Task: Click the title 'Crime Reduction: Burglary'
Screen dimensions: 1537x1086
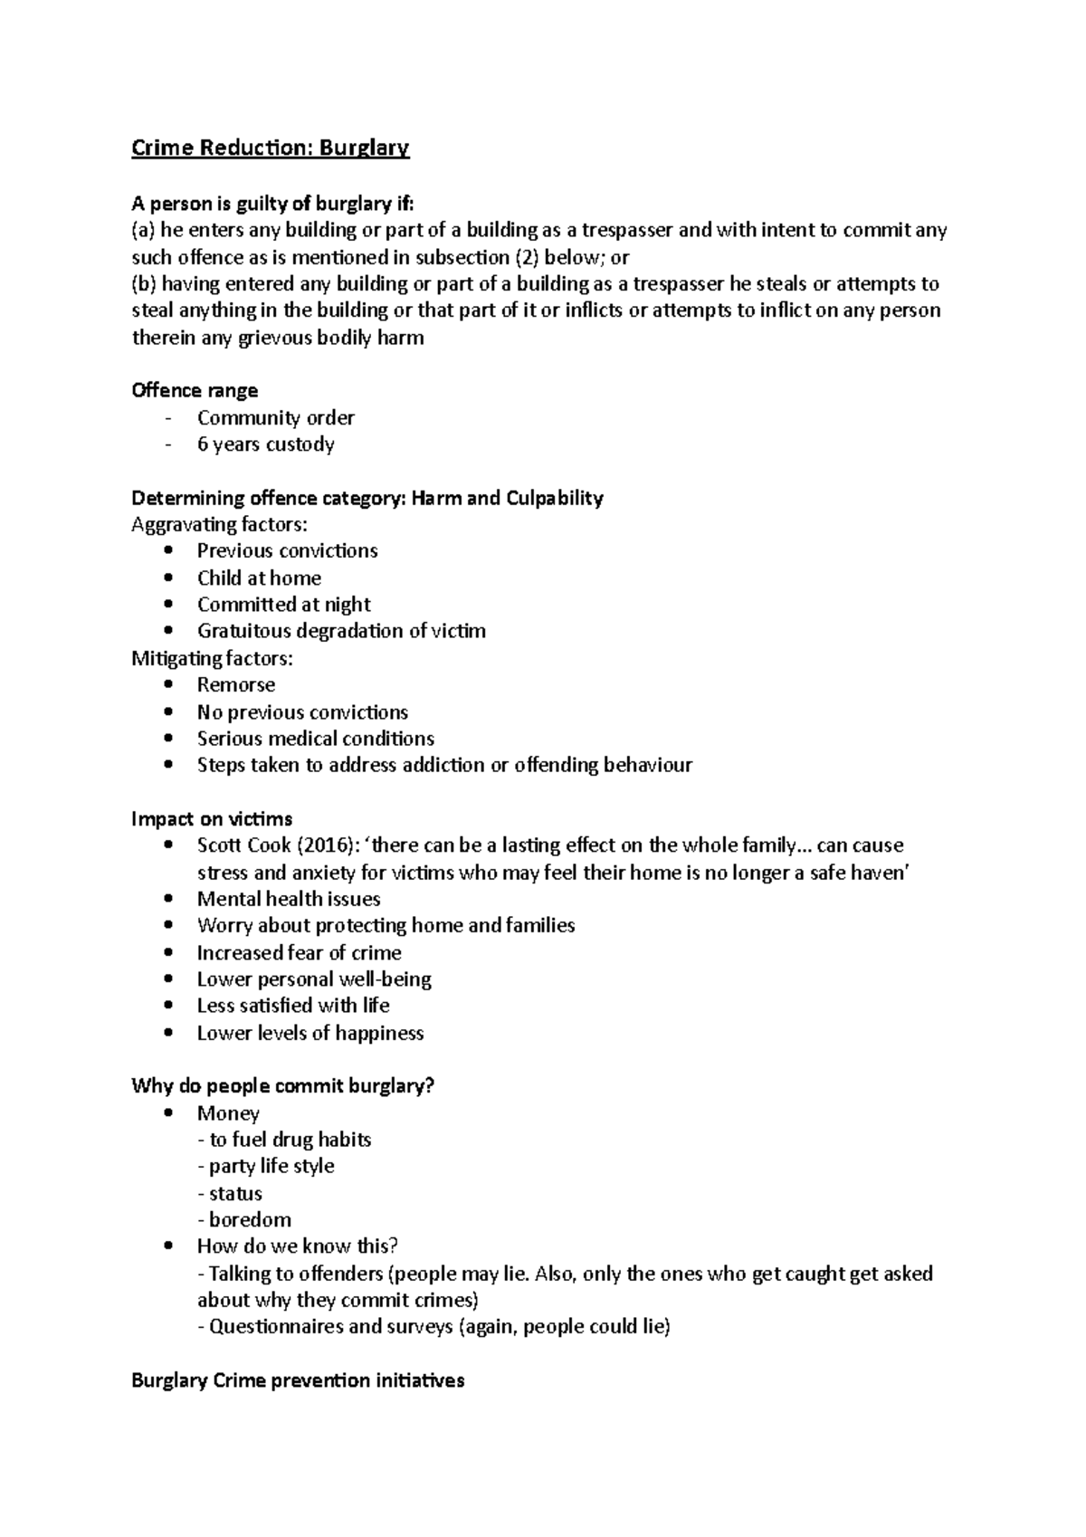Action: point(270,148)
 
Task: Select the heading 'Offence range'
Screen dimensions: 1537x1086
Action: point(195,390)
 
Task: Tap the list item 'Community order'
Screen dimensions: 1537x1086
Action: point(275,417)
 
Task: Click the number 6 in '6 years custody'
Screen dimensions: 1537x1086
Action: point(203,444)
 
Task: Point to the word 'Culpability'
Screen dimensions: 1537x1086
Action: point(551,498)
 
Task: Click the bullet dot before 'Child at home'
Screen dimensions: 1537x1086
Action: point(168,578)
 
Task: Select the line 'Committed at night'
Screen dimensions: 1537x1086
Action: point(283,605)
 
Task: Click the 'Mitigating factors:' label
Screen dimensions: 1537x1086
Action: point(212,658)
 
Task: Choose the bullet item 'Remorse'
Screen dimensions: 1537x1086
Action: point(235,684)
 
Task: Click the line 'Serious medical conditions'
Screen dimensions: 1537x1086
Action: point(315,739)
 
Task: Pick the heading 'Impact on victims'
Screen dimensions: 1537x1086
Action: point(212,818)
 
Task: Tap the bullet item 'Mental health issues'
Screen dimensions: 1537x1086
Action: point(288,899)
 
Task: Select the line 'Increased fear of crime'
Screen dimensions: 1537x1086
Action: point(299,952)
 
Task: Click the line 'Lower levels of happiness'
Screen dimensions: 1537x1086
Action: point(310,1033)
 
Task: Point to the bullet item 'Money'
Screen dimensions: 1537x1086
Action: point(228,1113)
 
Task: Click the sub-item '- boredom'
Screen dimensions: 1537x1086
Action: point(244,1219)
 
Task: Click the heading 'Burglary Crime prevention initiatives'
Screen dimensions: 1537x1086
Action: point(298,1380)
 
